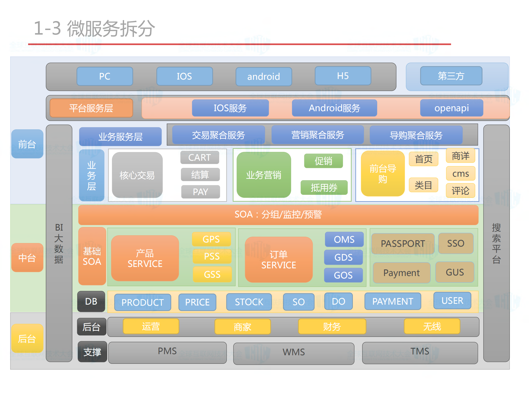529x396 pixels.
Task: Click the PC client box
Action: (x=105, y=76)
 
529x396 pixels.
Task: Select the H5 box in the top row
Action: (x=343, y=76)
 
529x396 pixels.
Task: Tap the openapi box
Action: (x=452, y=108)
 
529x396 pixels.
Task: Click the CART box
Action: (x=200, y=157)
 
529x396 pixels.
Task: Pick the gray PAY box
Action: (x=200, y=192)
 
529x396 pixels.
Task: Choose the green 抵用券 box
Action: (x=324, y=188)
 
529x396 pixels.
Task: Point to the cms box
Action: (x=460, y=174)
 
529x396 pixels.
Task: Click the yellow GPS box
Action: (x=211, y=239)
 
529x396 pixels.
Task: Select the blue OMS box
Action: (x=344, y=239)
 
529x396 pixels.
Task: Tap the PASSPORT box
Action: (x=403, y=244)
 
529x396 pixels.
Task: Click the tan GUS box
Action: (x=455, y=272)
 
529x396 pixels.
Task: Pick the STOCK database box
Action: (x=249, y=302)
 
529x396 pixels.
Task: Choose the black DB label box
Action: (x=91, y=301)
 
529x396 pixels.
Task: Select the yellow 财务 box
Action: (x=332, y=327)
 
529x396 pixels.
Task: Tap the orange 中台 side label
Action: (x=27, y=258)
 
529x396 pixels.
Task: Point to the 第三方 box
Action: (x=451, y=76)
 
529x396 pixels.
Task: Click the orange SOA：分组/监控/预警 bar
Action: (x=278, y=215)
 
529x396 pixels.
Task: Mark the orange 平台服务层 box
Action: (x=91, y=108)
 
